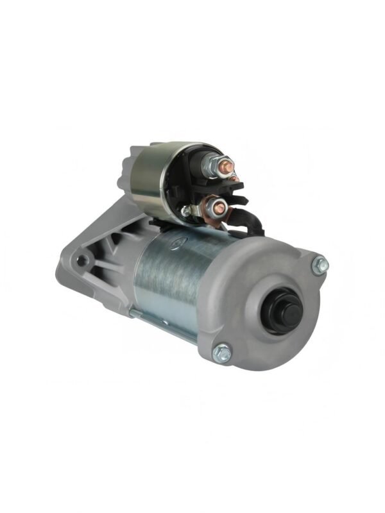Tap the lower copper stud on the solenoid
[x=218, y=206]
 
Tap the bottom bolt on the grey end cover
[x=222, y=351]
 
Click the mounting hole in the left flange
[x=81, y=260]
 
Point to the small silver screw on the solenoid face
[x=186, y=209]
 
